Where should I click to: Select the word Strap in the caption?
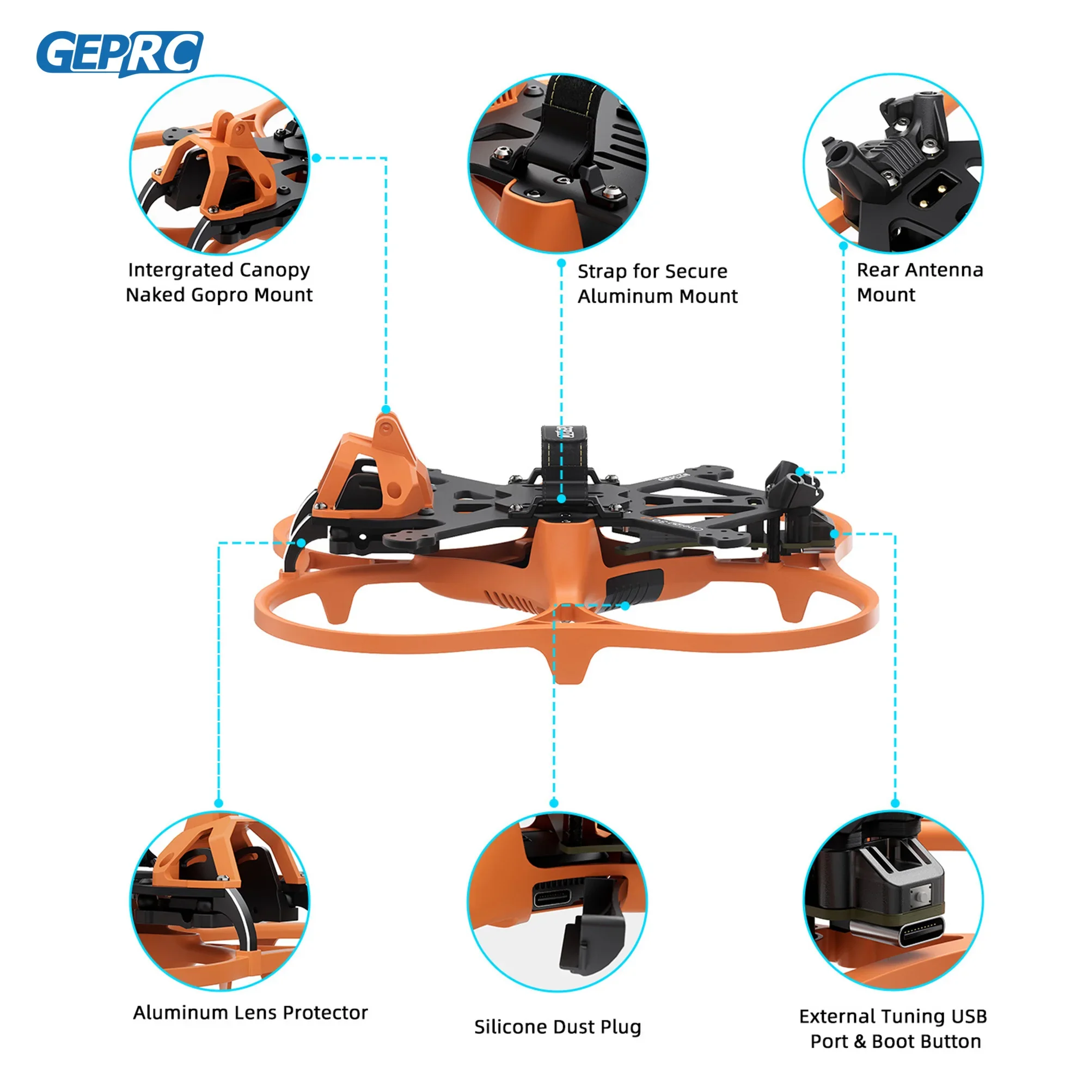(x=603, y=272)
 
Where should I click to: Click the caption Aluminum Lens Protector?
(x=250, y=1013)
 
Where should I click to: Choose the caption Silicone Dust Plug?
(x=558, y=1027)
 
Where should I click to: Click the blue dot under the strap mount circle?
(x=561, y=263)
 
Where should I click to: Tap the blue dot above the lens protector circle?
(x=219, y=803)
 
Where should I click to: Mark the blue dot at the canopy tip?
(x=386, y=409)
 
